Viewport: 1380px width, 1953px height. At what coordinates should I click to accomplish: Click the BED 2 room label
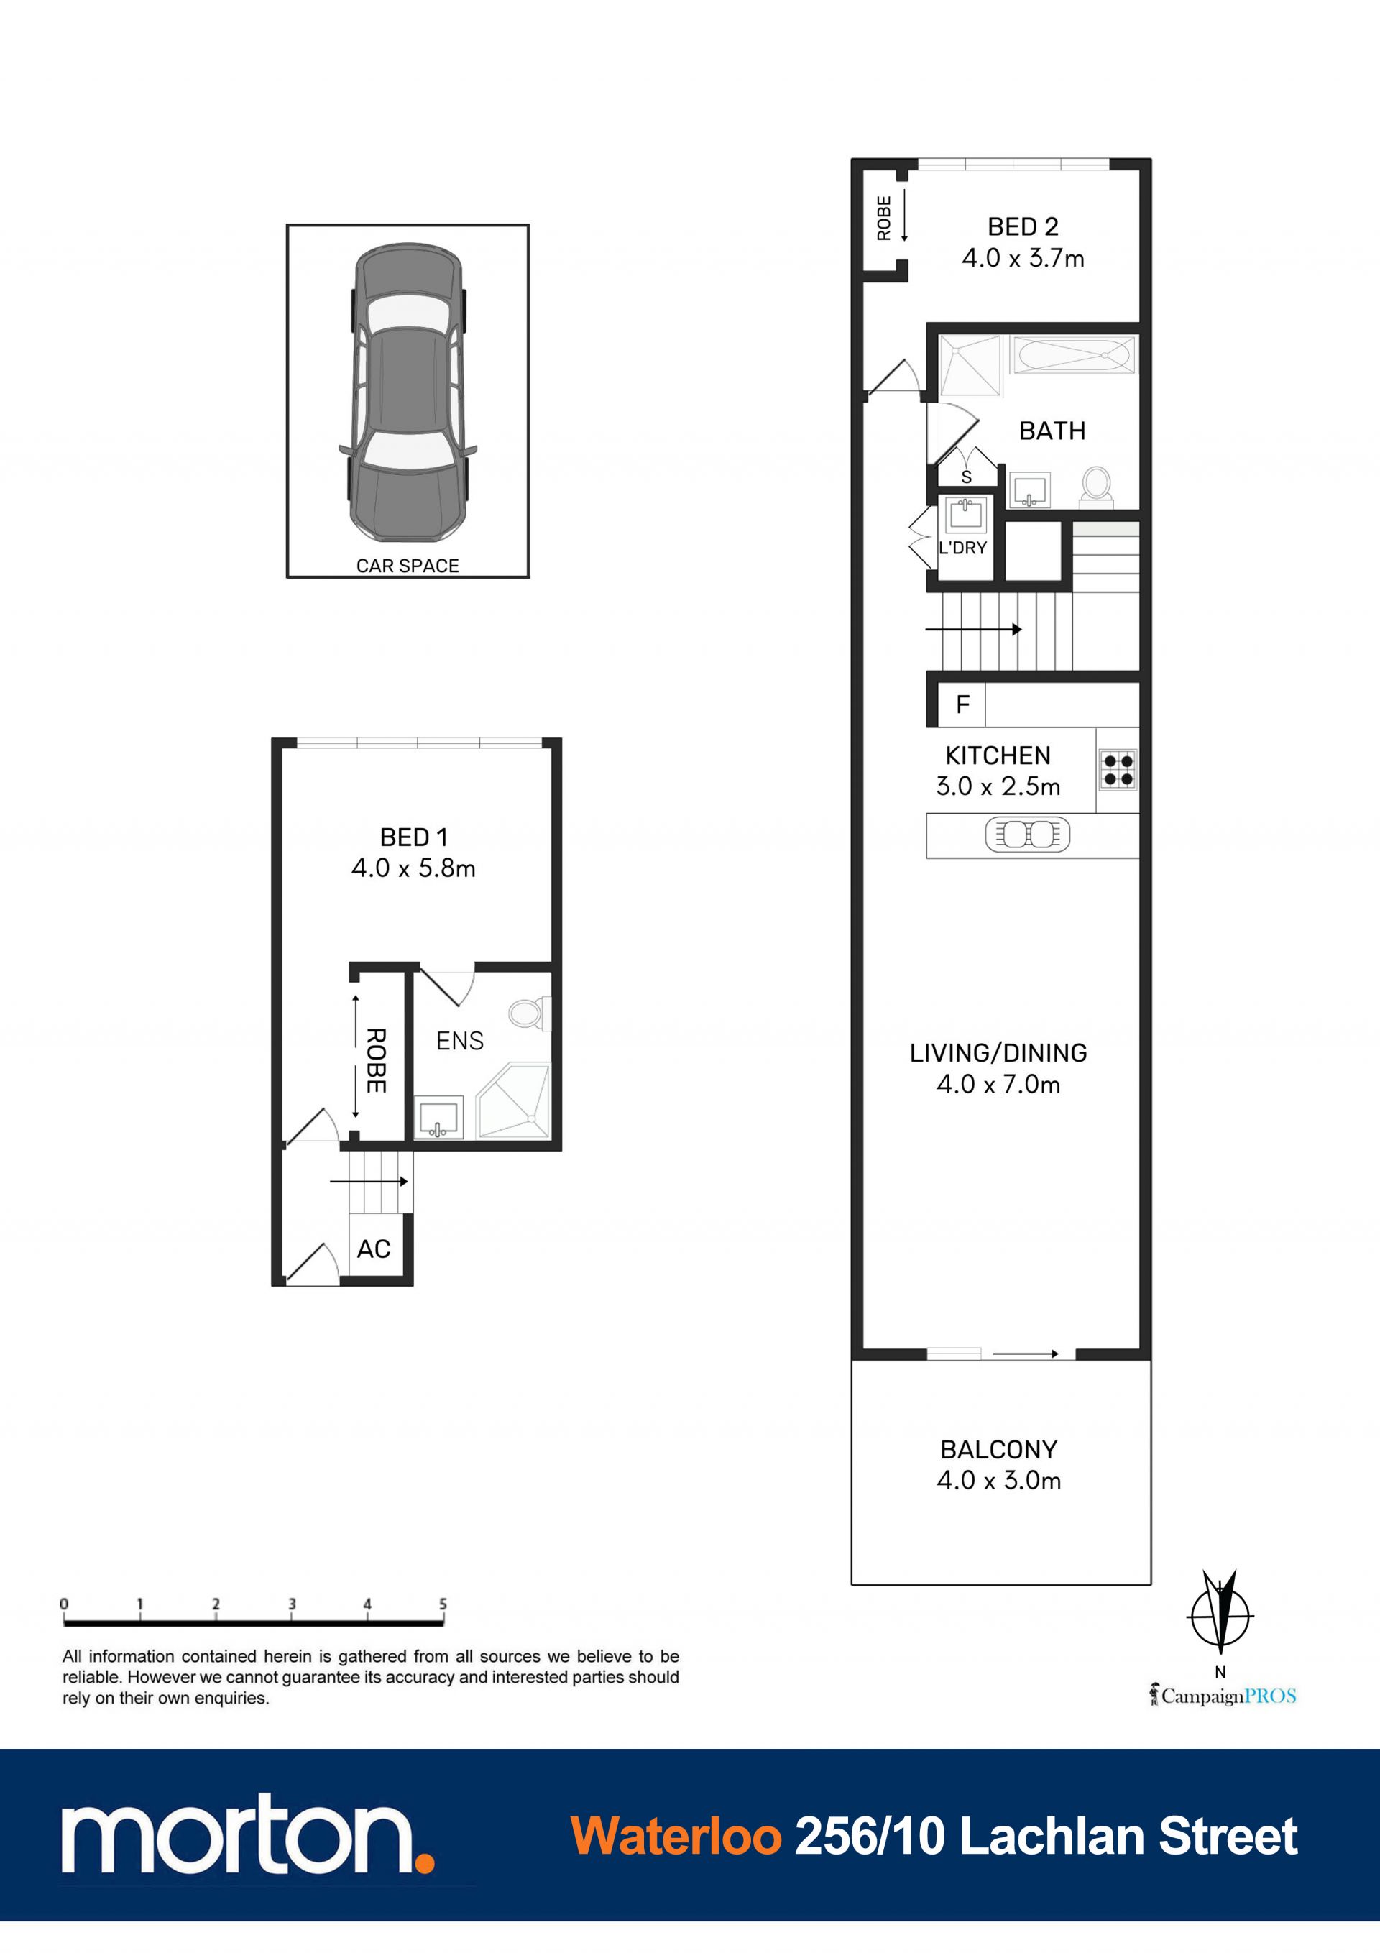1023,227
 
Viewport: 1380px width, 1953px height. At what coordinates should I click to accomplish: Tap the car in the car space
408,391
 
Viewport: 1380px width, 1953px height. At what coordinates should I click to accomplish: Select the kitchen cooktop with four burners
1118,770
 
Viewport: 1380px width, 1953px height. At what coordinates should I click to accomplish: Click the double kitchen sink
1028,835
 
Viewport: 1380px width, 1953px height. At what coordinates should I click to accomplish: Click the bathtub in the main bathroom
1074,354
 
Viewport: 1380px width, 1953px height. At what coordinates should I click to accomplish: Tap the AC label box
374,1249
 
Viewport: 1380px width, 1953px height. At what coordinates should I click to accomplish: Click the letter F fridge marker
963,704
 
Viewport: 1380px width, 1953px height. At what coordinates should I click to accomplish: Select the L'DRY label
962,548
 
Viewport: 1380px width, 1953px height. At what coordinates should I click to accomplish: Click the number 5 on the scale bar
443,1604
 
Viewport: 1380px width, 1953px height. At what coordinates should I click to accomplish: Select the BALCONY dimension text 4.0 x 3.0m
999,1480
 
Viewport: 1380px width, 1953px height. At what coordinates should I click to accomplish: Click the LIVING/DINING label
998,1053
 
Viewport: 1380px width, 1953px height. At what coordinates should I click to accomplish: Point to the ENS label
459,1040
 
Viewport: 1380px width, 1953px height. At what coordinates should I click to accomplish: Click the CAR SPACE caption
408,566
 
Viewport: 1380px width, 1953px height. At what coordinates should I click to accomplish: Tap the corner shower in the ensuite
513,1100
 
